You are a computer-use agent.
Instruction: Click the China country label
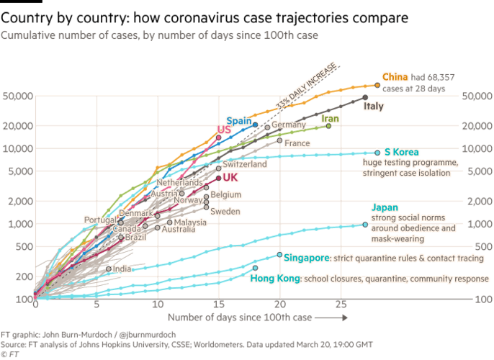395,76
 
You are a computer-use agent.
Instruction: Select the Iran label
330,118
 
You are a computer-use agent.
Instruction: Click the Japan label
384,207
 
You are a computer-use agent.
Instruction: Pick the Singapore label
307,257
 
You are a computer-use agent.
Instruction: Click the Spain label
238,120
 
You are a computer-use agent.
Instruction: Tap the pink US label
223,130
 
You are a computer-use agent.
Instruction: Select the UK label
230,177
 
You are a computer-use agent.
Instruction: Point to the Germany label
289,125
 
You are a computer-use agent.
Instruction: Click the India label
122,269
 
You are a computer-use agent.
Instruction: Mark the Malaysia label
190,222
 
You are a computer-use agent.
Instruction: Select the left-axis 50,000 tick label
16,96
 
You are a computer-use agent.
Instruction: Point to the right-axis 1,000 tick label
477,223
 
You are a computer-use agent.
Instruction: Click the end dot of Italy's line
365,97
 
